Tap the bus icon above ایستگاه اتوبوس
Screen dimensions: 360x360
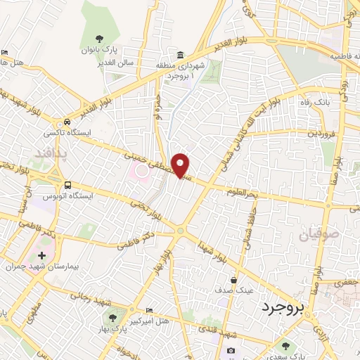67,184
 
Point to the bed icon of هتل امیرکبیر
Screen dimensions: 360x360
148,309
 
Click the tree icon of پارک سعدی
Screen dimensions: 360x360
285,345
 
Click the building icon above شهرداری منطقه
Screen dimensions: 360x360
181,56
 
